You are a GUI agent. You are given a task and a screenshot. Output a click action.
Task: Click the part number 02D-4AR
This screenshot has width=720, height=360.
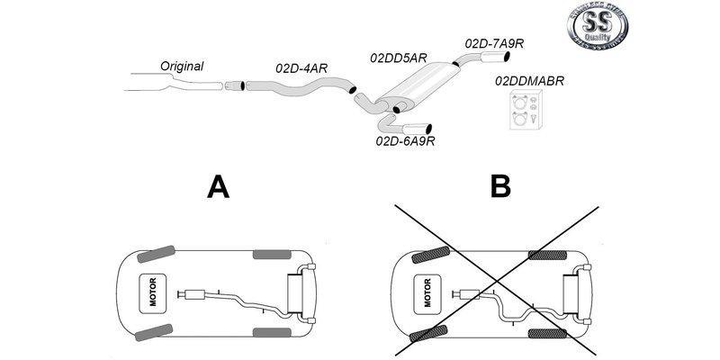(x=301, y=67)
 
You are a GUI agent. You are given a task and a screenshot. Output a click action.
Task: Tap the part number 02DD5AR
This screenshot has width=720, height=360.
(x=398, y=58)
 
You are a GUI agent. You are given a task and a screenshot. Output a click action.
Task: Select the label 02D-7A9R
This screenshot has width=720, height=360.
(x=495, y=42)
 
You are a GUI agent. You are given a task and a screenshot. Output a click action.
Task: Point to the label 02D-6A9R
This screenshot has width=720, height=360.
(x=405, y=141)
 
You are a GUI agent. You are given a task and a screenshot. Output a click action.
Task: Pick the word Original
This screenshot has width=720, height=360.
(x=182, y=66)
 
